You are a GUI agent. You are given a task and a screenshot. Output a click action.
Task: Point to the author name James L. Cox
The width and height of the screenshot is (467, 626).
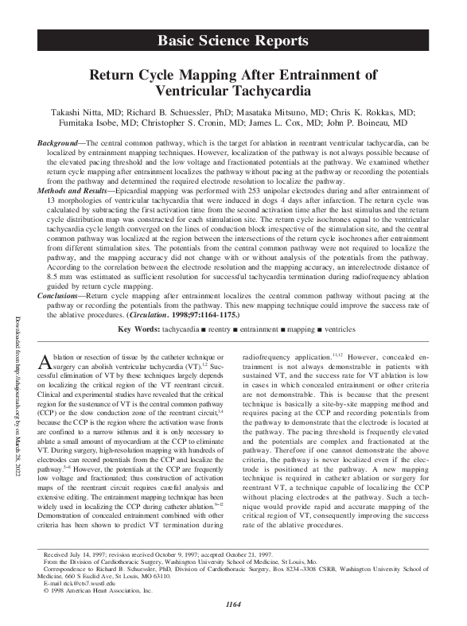tap(282, 124)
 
